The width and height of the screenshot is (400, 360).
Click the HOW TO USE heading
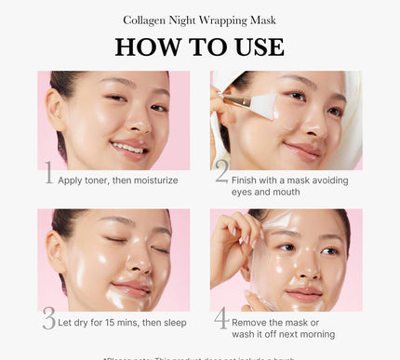click(199, 47)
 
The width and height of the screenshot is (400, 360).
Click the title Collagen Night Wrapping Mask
click(199, 20)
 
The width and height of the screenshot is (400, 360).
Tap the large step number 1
click(49, 173)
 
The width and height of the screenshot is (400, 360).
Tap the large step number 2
click(221, 172)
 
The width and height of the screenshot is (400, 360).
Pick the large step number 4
click(221, 318)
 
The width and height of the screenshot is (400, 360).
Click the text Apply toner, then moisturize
click(117, 180)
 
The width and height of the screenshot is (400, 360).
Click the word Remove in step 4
click(255, 321)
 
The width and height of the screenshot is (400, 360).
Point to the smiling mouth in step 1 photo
click(130, 147)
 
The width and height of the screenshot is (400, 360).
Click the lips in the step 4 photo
click(304, 295)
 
